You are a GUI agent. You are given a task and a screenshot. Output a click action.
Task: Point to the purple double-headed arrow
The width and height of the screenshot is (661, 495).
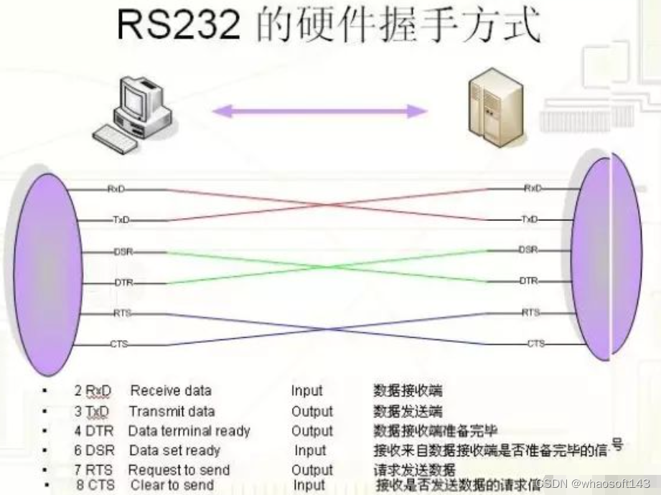(x=320, y=110)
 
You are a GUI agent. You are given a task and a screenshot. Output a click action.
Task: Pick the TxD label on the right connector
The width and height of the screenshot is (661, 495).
(x=530, y=219)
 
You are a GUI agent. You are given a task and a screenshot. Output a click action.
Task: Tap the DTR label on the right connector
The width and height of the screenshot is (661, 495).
(x=529, y=281)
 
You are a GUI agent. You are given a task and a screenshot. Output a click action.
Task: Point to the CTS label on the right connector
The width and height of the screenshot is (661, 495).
(x=535, y=344)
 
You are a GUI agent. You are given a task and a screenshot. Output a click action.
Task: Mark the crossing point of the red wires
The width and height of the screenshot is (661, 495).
(x=329, y=204)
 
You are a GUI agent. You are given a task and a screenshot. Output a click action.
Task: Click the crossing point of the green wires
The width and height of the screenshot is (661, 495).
(x=329, y=267)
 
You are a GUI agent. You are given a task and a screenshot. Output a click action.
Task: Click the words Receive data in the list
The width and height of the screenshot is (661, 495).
(x=171, y=391)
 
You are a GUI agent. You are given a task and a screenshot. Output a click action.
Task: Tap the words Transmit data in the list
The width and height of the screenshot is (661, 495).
(x=172, y=411)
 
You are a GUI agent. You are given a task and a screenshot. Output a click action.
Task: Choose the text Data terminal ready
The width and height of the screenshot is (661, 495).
(x=189, y=431)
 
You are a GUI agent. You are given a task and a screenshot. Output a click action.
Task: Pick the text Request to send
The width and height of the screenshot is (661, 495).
(x=179, y=471)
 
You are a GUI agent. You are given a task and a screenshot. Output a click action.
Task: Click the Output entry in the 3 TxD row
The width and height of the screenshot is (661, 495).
(x=311, y=411)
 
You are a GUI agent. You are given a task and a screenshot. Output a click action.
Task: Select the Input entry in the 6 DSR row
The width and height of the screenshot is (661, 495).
(x=310, y=451)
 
